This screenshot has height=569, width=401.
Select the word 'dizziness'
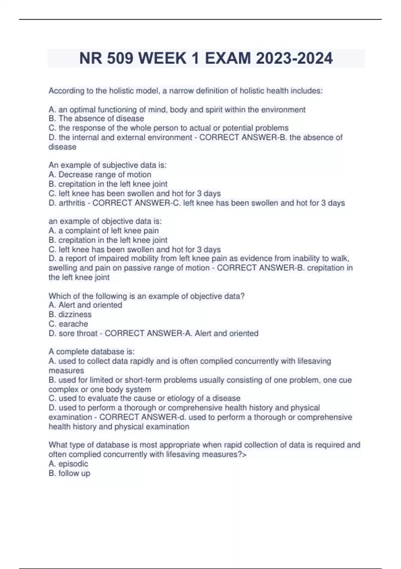(75, 314)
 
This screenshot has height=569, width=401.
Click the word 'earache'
(73, 324)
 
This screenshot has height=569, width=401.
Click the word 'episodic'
(73, 464)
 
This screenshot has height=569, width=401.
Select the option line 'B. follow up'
(70, 473)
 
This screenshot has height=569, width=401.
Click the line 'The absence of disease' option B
(96, 118)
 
